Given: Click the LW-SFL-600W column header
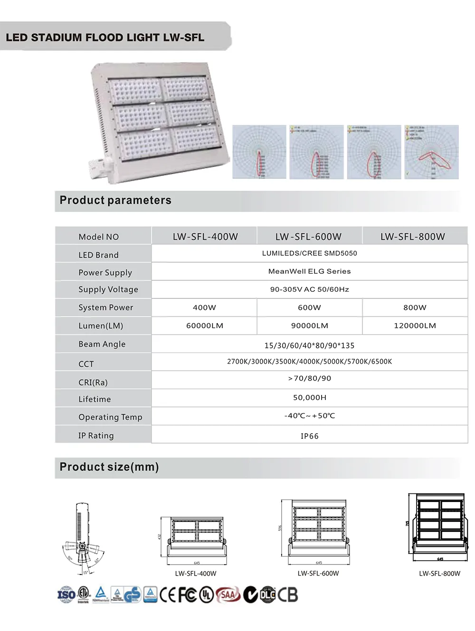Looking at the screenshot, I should [x=309, y=236].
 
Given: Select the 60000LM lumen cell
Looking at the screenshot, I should [x=205, y=325].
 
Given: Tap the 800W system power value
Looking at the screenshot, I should [x=415, y=307].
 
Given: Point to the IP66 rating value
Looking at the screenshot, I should [x=310, y=436].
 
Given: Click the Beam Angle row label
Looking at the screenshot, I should [x=102, y=344].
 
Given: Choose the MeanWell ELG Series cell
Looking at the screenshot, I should [x=310, y=271].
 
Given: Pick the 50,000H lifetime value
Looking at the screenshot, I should [x=310, y=398].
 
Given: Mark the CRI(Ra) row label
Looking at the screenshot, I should [x=93, y=382].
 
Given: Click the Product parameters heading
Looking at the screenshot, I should [x=115, y=200].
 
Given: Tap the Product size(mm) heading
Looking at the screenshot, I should [x=109, y=467].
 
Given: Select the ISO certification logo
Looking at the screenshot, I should [x=66, y=594].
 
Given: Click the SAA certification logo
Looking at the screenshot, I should [x=228, y=594].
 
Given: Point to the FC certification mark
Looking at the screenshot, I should [x=187, y=594].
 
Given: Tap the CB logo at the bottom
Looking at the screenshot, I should [x=287, y=594].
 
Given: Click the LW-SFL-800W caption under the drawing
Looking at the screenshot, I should [x=439, y=573].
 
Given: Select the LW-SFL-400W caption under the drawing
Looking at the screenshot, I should [x=196, y=573].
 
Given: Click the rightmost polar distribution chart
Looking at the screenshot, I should [x=432, y=152].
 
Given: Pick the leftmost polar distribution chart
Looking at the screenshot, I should [x=259, y=152].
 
